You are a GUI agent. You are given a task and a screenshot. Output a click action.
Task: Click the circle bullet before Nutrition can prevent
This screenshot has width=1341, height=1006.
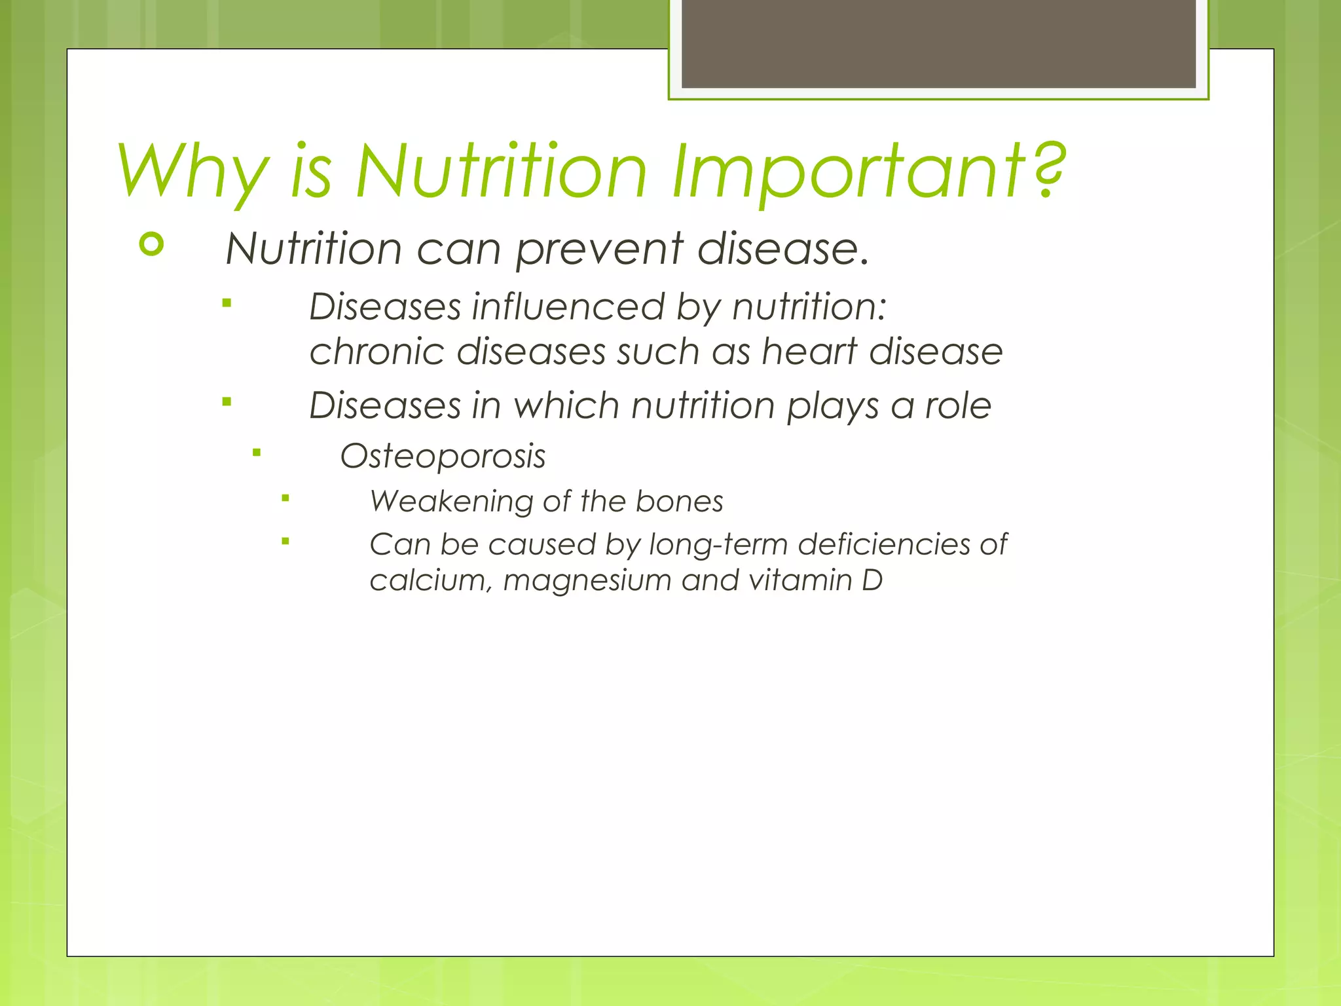151,245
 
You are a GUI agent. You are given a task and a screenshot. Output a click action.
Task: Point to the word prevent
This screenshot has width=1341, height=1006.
598,250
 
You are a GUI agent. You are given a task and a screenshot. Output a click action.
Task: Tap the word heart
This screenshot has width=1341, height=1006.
809,351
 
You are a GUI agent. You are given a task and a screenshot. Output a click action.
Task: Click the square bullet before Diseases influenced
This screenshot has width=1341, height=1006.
227,303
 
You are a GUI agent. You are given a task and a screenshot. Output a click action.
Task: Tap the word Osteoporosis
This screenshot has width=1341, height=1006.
443,456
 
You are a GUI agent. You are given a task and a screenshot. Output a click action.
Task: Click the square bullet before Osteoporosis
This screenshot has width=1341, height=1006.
257,452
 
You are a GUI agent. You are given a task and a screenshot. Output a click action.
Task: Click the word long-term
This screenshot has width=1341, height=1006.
718,545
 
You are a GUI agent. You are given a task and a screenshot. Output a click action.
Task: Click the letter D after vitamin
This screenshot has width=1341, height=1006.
872,580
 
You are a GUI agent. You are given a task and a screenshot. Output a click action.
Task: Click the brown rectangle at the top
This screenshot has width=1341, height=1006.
938,43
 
